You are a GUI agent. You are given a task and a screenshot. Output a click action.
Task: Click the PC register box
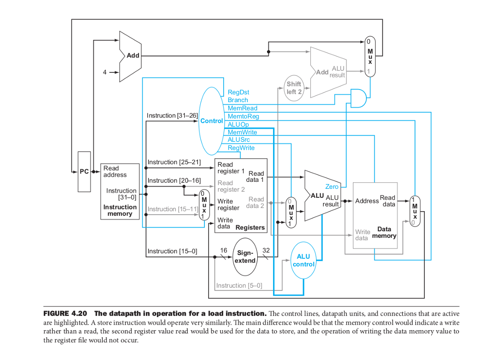tap(84, 172)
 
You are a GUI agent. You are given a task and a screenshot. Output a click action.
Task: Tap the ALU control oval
tap(303, 260)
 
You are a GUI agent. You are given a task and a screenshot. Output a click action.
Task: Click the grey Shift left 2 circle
tap(294, 88)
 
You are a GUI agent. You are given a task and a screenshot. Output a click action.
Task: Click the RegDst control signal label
tap(238, 92)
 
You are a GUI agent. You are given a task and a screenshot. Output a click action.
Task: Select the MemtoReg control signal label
tap(243, 116)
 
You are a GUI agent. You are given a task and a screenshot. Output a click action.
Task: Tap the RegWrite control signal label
tap(241, 148)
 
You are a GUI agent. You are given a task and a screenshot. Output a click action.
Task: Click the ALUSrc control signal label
tap(239, 140)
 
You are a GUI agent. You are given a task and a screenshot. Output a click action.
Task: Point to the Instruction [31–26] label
tap(172, 115)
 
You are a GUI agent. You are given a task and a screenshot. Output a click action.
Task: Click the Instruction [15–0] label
tap(172, 251)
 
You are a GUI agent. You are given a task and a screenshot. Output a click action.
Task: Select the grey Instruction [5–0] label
tap(239, 285)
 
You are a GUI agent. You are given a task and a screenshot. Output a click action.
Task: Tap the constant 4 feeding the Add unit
tap(105, 72)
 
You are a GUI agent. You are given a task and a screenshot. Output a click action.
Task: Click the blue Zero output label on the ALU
tap(331, 187)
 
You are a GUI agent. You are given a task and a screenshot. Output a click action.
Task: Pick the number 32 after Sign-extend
tap(266, 250)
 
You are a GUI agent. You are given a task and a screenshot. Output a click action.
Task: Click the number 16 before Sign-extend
tap(224, 250)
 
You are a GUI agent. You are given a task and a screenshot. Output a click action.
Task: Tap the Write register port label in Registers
tap(228, 205)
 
